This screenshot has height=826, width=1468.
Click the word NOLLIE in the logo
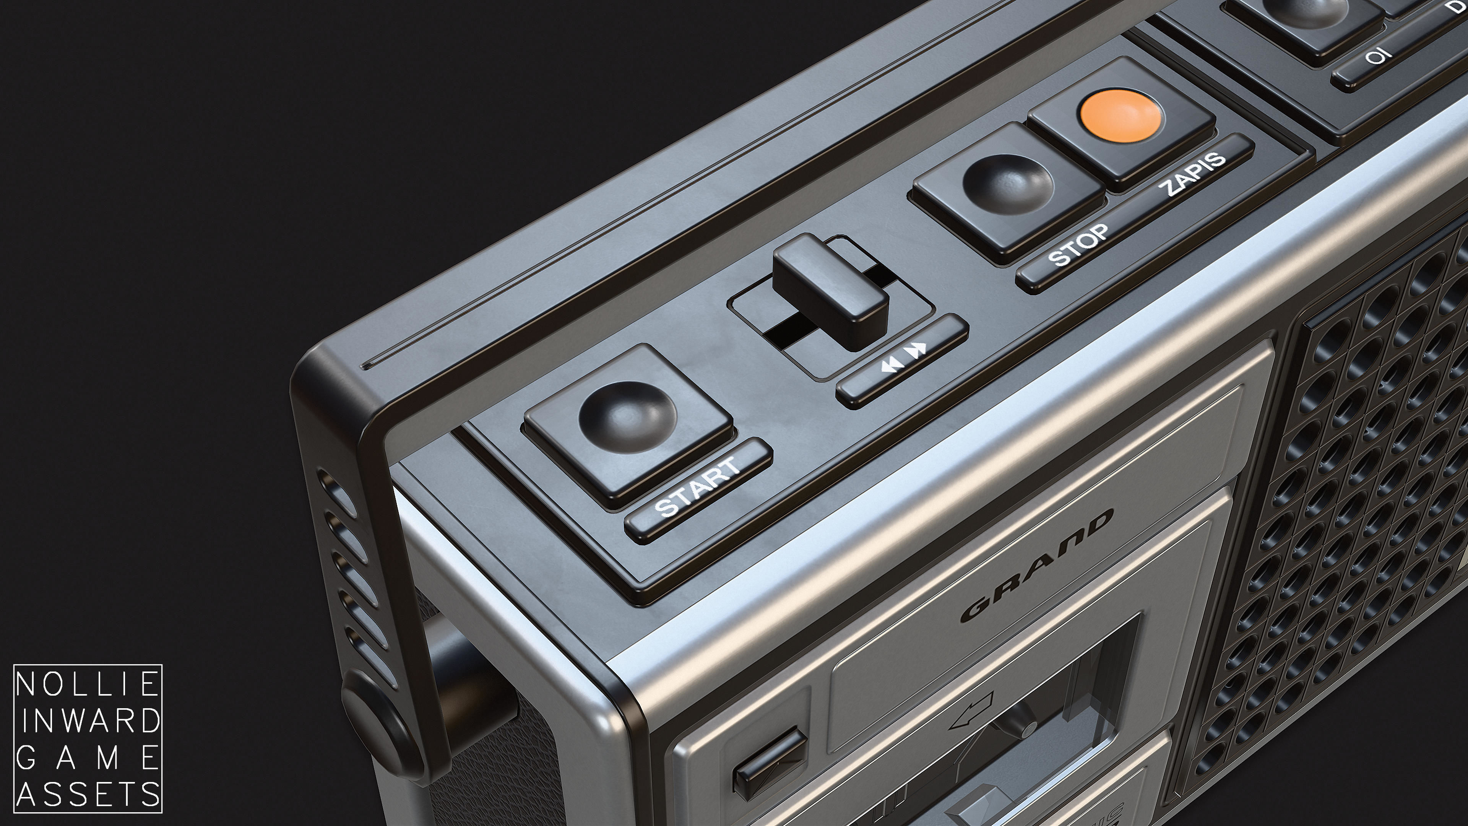coord(87,684)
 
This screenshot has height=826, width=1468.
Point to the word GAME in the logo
coord(87,758)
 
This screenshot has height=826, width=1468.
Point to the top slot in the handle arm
coord(336,490)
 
